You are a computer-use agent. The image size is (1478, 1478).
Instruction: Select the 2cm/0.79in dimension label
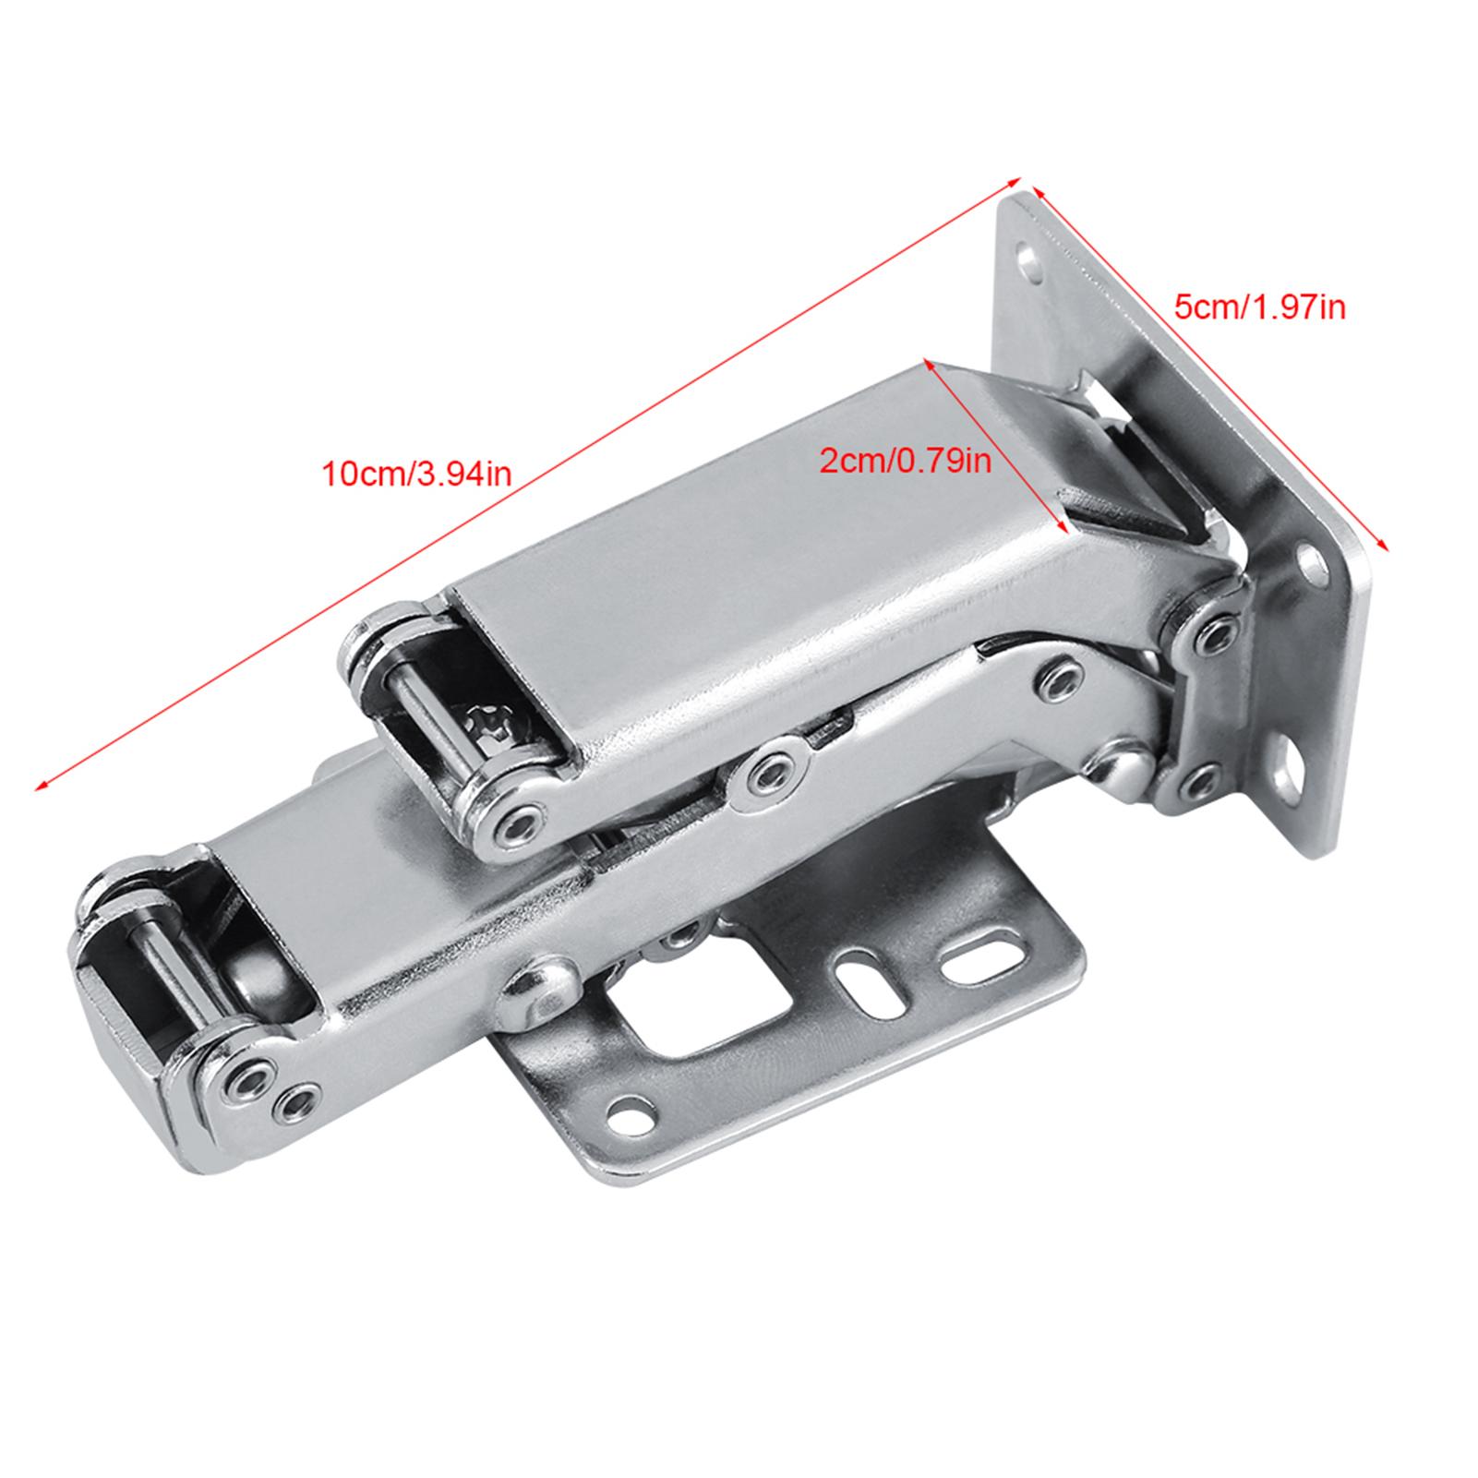906,460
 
